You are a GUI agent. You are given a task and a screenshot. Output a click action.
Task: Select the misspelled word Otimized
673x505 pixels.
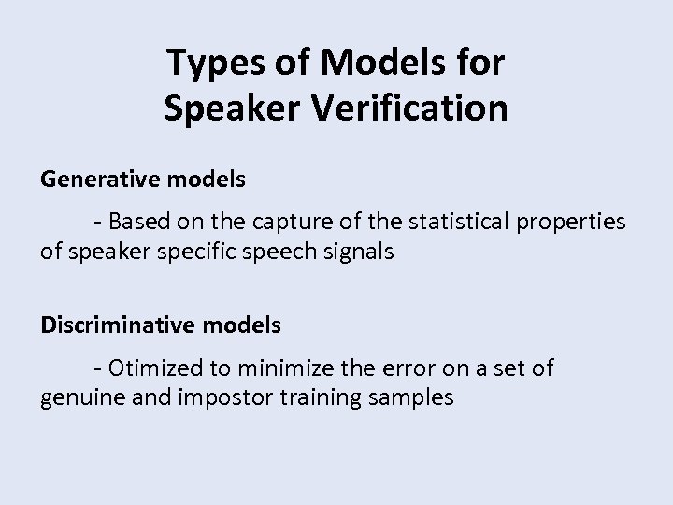154,368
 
